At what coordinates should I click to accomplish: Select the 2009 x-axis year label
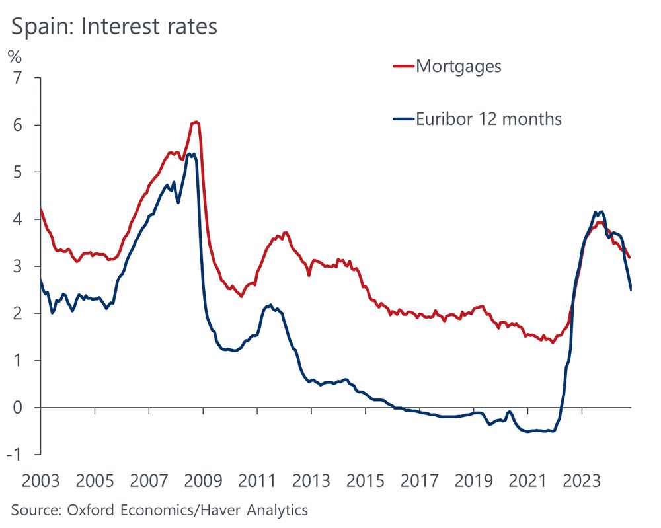pyautogui.click(x=203, y=480)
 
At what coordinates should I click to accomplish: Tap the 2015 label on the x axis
pyautogui.click(x=366, y=480)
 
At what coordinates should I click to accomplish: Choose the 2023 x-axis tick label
pyautogui.click(x=582, y=480)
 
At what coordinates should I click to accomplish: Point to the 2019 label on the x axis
pyautogui.click(x=473, y=480)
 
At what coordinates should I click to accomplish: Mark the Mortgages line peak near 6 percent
pyautogui.click(x=195, y=122)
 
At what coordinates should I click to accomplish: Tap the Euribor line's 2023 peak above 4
pyautogui.click(x=601, y=211)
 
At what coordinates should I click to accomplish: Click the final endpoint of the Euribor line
pyautogui.click(x=631, y=289)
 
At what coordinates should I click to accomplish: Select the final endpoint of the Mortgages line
pyautogui.click(x=630, y=258)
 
